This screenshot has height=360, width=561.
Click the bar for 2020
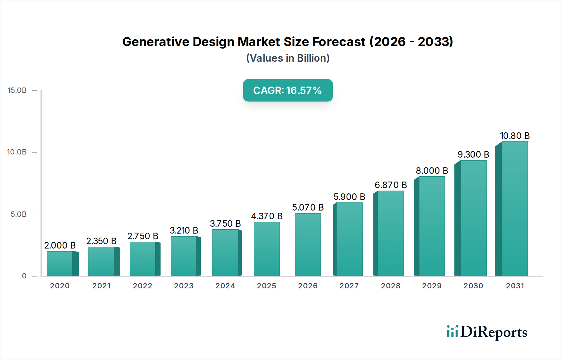(60, 263)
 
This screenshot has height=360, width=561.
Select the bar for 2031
(515, 209)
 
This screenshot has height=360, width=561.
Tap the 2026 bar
(308, 245)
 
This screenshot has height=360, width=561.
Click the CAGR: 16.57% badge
(288, 90)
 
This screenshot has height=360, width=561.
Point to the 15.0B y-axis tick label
(17, 90)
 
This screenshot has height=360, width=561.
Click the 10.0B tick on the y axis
(17, 152)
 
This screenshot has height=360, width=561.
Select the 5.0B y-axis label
(19, 214)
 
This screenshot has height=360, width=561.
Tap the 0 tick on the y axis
(24, 276)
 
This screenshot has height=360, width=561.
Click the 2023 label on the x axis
(184, 286)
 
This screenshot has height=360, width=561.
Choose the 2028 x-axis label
(391, 286)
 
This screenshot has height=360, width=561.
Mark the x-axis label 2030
(473, 286)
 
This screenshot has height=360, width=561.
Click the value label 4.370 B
(267, 216)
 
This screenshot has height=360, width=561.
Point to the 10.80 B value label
(515, 136)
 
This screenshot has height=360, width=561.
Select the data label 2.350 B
(101, 241)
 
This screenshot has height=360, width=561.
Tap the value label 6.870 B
(391, 185)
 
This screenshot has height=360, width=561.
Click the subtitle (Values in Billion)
(288, 58)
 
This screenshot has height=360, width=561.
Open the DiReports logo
(487, 332)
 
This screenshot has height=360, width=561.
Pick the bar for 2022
(143, 259)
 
